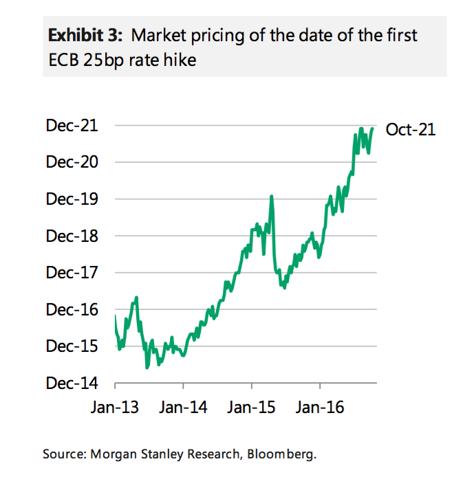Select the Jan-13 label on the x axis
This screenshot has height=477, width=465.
coord(115,408)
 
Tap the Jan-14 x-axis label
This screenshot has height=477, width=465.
coord(184,408)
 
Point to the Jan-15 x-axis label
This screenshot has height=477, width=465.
coord(252,408)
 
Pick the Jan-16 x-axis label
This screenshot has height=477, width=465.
coord(321,408)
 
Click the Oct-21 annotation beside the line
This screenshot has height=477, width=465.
coord(411,129)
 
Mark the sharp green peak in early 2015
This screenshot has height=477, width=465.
coord(272,197)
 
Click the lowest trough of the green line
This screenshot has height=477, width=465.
coord(147,368)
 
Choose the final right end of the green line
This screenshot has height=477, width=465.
coord(373,128)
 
